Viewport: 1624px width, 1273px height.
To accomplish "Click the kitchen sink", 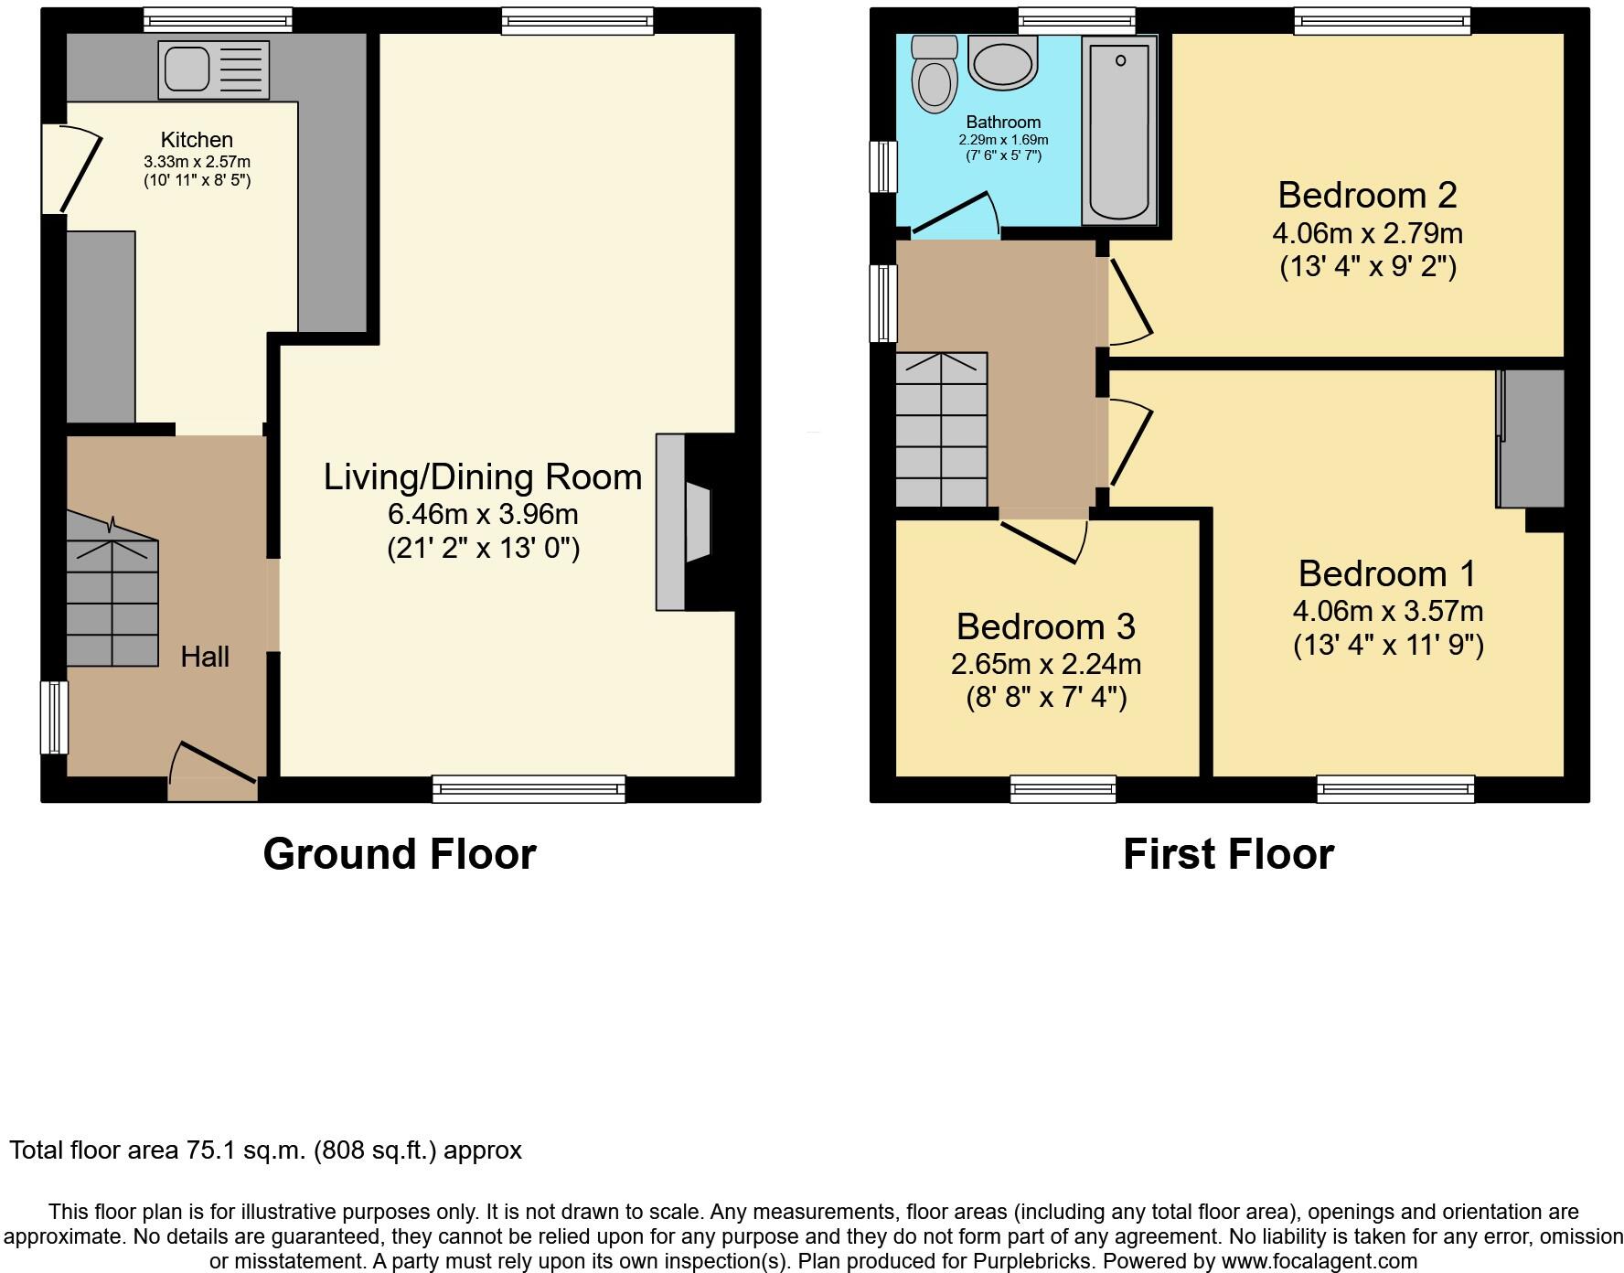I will [214, 70].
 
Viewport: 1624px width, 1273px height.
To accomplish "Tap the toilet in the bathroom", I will [934, 75].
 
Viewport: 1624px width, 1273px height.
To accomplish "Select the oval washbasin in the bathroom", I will [1002, 63].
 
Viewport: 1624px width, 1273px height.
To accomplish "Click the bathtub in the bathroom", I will [1118, 130].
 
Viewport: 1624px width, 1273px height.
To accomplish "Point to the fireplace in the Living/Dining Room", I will [685, 522].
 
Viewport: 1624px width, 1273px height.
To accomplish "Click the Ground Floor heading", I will [399, 854].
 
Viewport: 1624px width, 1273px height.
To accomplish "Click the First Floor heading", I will [1227, 854].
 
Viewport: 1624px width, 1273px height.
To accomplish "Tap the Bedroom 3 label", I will [1045, 626].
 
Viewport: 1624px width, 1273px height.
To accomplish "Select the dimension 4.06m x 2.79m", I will [1367, 233].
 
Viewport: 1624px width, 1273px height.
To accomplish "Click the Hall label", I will [205, 656].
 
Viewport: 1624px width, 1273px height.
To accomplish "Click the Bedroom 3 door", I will [1043, 540].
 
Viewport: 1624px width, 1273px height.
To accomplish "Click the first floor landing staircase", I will [941, 430].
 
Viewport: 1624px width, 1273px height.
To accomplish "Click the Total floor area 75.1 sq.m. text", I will [265, 1150].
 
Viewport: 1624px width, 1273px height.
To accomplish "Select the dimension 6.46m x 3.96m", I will [483, 514].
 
